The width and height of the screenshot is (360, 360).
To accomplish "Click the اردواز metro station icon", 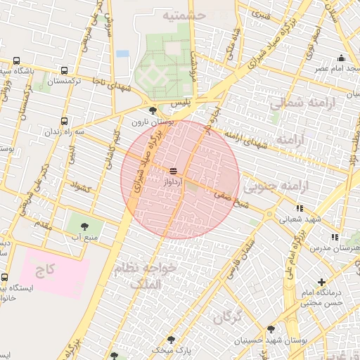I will [x=173, y=171].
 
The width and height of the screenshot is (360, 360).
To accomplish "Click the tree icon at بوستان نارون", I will [x=153, y=110].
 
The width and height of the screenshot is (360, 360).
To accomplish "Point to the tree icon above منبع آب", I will [x=85, y=226].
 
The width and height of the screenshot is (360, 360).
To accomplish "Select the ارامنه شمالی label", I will [x=295, y=103].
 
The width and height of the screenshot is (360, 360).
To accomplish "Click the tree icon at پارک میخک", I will [x=171, y=340].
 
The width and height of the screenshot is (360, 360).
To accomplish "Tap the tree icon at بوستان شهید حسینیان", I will [x=271, y=328].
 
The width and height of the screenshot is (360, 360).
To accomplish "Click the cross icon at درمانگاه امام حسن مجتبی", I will [x=321, y=282].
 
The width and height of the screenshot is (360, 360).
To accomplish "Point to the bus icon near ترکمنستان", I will [x=65, y=70].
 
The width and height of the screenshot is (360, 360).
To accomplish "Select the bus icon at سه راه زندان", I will [x=65, y=121].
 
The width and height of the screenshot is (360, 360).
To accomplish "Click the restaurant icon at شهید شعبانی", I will [x=300, y=208].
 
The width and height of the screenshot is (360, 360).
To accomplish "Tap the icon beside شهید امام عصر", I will [x=342, y=58].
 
